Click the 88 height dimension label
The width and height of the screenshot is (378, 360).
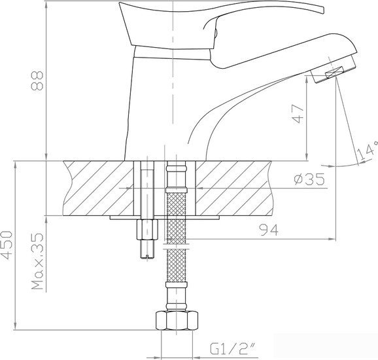[37, 81]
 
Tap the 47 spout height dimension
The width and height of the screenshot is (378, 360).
[298, 114]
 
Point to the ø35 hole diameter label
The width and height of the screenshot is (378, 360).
[309, 179]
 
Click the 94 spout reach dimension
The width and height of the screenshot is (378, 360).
[269, 230]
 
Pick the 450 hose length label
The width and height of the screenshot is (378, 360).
[7, 245]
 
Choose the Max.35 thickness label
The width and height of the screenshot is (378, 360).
[38, 261]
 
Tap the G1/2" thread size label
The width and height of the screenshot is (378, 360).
[233, 349]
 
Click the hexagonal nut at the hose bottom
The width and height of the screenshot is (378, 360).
[177, 321]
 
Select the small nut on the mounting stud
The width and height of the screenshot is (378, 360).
[147, 229]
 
